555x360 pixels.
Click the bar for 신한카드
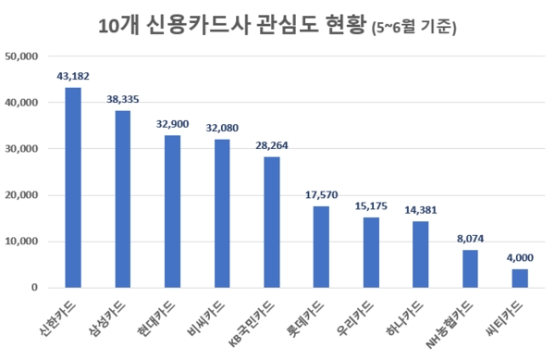click(x=73, y=188)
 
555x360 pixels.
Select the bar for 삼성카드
click(x=122, y=199)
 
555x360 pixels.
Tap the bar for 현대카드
click(x=172, y=212)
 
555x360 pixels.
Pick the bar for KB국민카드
click(x=271, y=222)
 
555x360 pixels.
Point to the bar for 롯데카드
click(x=321, y=247)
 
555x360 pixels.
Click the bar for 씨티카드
click(x=520, y=279)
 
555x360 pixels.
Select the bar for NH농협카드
click(x=470, y=269)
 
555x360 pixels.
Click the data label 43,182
click(x=73, y=77)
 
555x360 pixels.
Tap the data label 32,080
click(x=222, y=129)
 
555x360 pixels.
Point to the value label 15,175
click(x=371, y=207)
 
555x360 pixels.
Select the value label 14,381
click(x=421, y=210)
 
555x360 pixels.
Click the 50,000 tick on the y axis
click(x=20, y=56)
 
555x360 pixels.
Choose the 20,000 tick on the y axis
click(x=20, y=195)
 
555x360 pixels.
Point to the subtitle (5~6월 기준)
click(x=413, y=28)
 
